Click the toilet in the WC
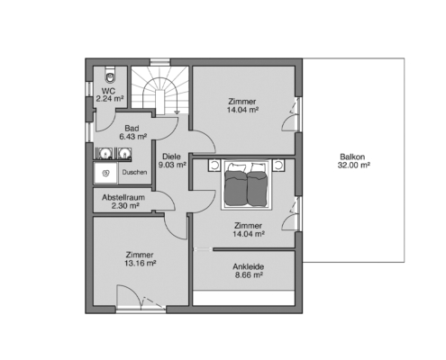tap(110, 76)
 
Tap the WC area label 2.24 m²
tap(110, 99)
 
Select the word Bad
tap(132, 129)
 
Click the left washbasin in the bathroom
tap(105, 153)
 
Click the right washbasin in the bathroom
tap(124, 153)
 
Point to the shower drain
tap(105, 173)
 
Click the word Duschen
tap(134, 172)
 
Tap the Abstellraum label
tap(123, 197)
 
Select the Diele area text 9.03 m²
tap(172, 165)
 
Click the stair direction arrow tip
tap(177, 113)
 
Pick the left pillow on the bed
tap(236, 166)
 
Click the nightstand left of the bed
tap(214, 166)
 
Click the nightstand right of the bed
tap(278, 166)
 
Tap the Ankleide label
tap(249, 266)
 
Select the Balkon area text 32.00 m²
tap(354, 165)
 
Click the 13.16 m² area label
tap(140, 264)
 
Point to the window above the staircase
tap(160, 62)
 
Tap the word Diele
tap(171, 157)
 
